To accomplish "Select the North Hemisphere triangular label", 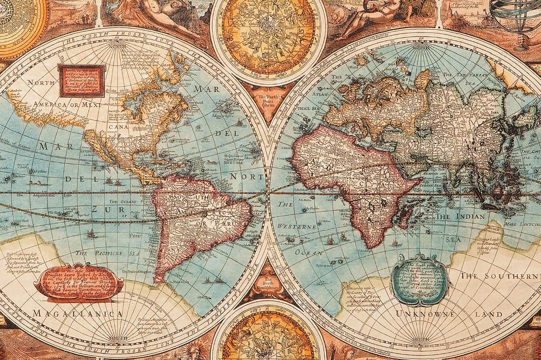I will pyautogui.click(x=269, y=99).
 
